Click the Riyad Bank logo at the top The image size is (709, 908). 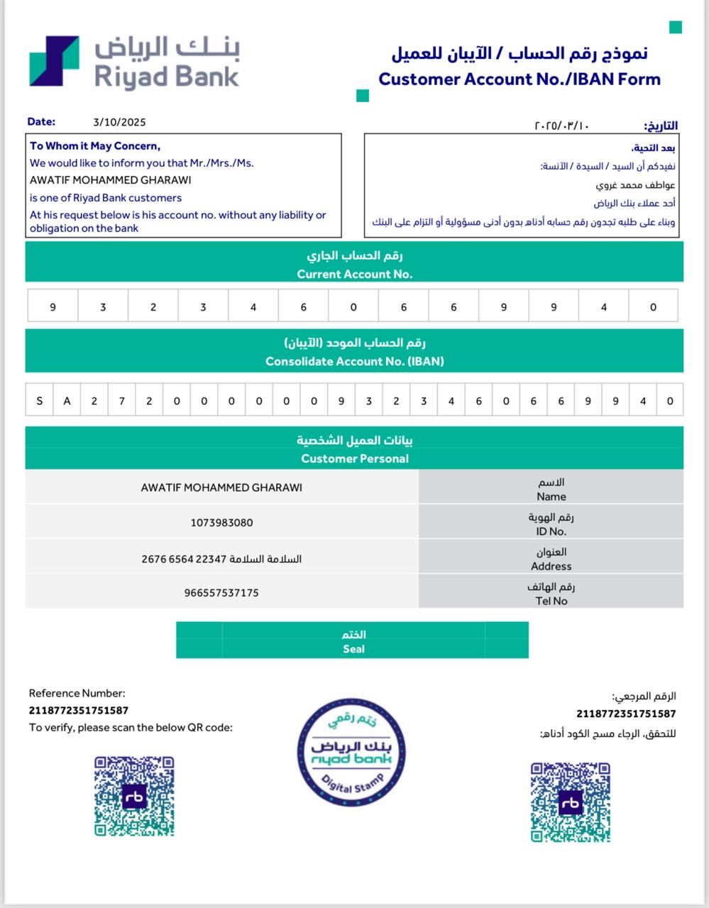pyautogui.click(x=134, y=62)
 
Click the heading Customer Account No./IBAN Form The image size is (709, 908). pyautogui.click(x=519, y=79)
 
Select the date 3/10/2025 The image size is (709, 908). pyautogui.click(x=119, y=122)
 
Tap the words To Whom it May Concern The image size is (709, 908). pyautogui.click(x=95, y=146)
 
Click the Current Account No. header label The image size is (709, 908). pyautogui.click(x=354, y=274)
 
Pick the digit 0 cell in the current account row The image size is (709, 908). pyautogui.click(x=353, y=307)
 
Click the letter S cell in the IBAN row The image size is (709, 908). pyautogui.click(x=39, y=401)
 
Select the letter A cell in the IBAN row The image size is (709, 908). pyautogui.click(x=67, y=401)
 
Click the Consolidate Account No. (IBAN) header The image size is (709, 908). pyautogui.click(x=354, y=361)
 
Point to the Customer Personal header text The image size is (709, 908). pyautogui.click(x=354, y=458)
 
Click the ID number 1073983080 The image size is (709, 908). pyautogui.click(x=221, y=523)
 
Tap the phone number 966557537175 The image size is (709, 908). pyautogui.click(x=221, y=592)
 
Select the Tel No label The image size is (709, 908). pyautogui.click(x=551, y=601)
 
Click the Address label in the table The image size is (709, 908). pyautogui.click(x=551, y=566)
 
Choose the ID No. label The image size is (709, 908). pyautogui.click(x=551, y=531)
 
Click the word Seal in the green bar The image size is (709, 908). pyautogui.click(x=353, y=648)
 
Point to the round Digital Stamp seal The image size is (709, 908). pyautogui.click(x=351, y=753)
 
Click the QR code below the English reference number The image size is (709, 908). pyautogui.click(x=134, y=796)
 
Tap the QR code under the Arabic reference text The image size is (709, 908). pyautogui.click(x=570, y=802)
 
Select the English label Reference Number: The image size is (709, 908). pyautogui.click(x=77, y=694)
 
